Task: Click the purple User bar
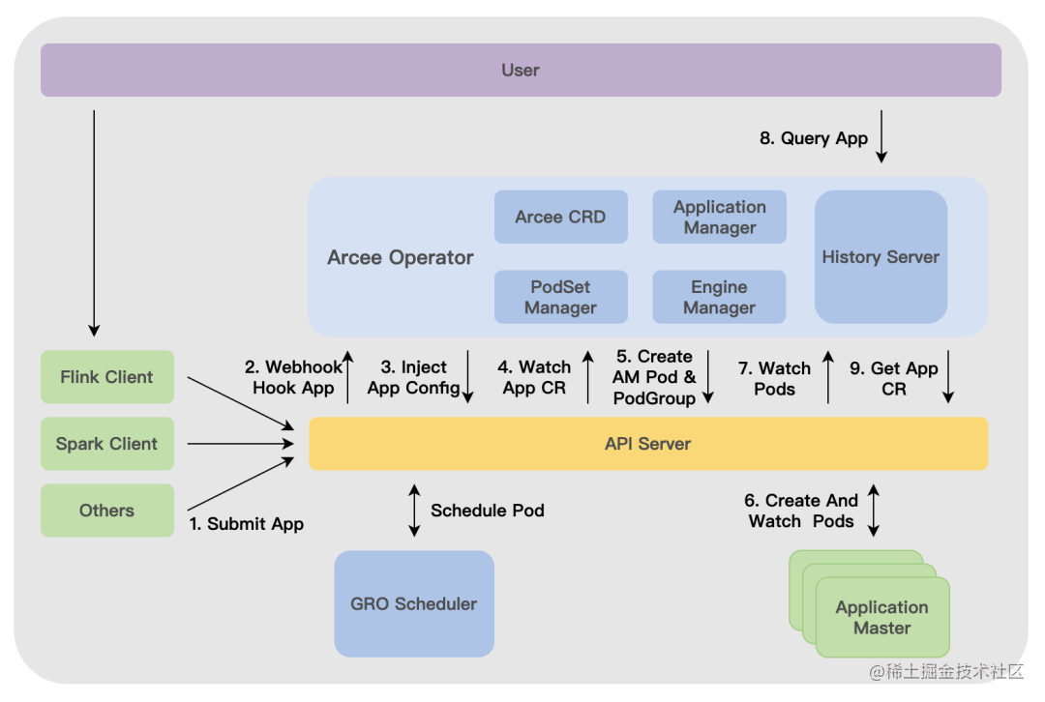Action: [x=521, y=70]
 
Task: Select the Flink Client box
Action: [x=106, y=377]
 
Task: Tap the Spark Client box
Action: [x=106, y=444]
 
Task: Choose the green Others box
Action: [x=106, y=511]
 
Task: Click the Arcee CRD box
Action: [x=560, y=217]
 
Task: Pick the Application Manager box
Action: [x=719, y=217]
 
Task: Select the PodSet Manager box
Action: [x=560, y=297]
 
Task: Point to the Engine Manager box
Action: [x=719, y=297]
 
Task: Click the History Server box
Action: [x=881, y=256]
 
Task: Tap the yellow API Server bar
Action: [x=647, y=444]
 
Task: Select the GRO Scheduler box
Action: [x=413, y=603]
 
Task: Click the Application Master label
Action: [x=881, y=617]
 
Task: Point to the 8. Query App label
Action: [x=813, y=138]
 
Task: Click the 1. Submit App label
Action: [x=246, y=524]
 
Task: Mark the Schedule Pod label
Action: [x=487, y=510]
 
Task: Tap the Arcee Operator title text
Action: [x=401, y=257]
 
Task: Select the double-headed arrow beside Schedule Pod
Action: [x=414, y=511]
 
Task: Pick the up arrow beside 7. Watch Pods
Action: [x=828, y=377]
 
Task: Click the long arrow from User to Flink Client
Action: [x=94, y=222]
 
